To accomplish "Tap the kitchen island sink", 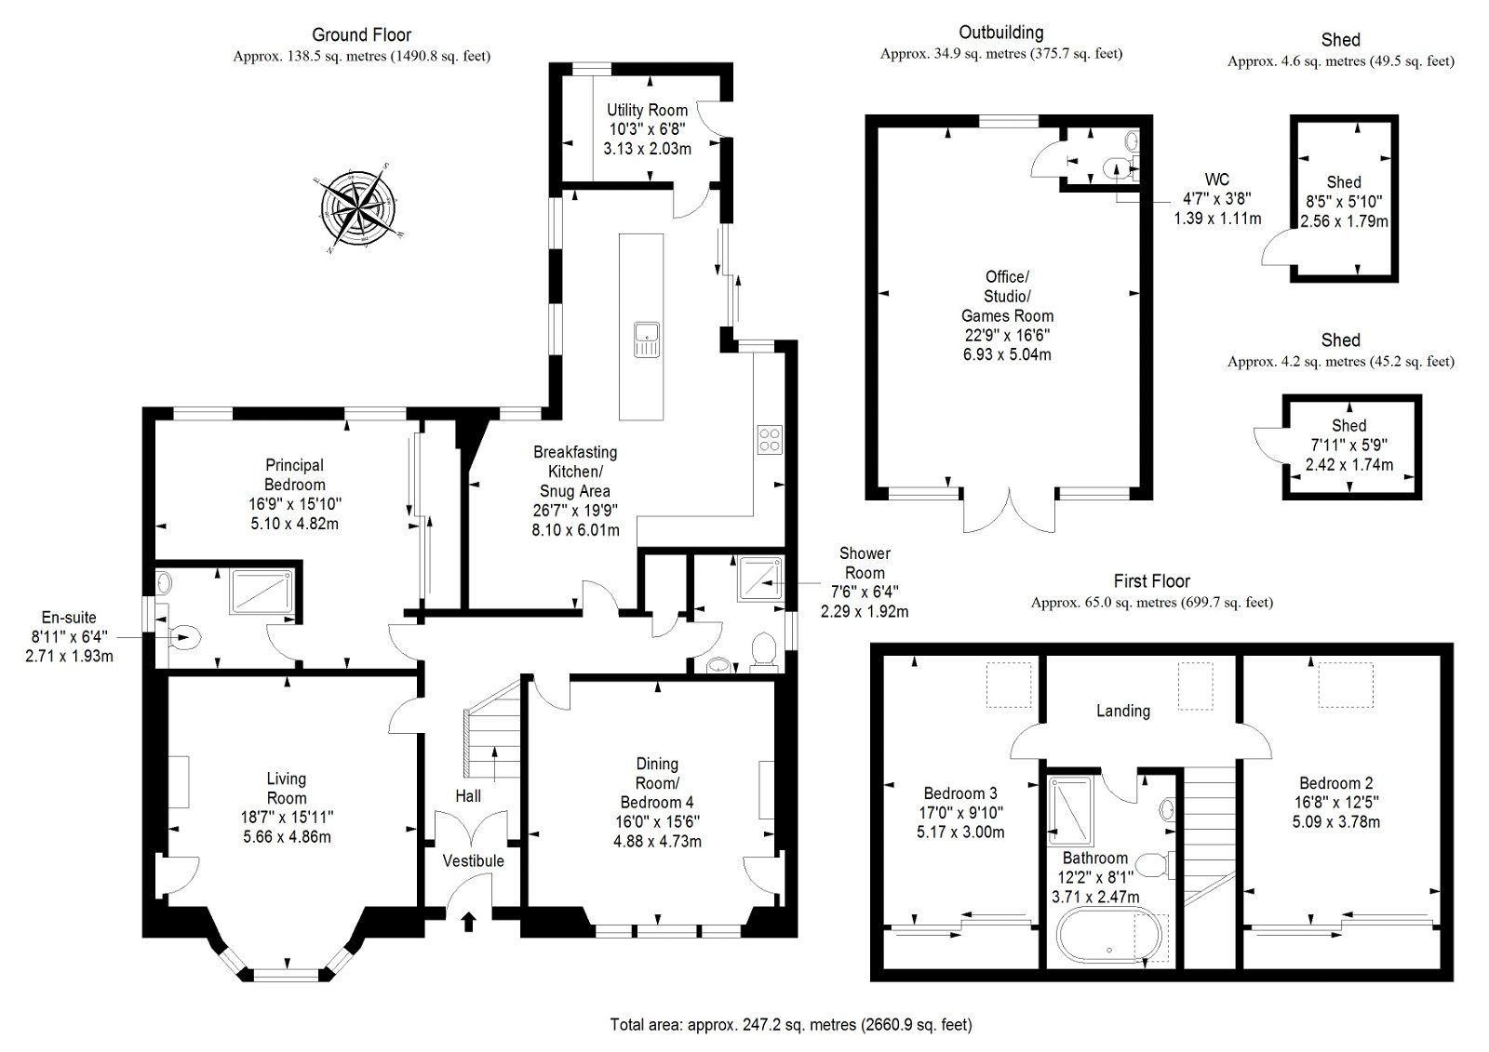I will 646,339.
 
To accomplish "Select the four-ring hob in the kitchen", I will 770,439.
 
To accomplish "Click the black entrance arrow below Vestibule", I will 468,921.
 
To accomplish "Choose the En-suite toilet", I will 185,637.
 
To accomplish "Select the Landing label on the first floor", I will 1122,711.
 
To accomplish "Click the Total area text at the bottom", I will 790,1025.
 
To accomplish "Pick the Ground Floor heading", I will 361,35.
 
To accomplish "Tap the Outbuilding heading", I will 1001,33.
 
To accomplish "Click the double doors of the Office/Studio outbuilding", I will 1009,512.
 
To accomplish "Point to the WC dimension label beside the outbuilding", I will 1217,199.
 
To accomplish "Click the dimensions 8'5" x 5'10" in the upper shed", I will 1344,202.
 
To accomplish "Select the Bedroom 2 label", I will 1335,783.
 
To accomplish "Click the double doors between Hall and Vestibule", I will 473,827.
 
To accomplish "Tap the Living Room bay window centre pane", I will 286,973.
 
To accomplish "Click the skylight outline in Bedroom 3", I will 1010,686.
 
